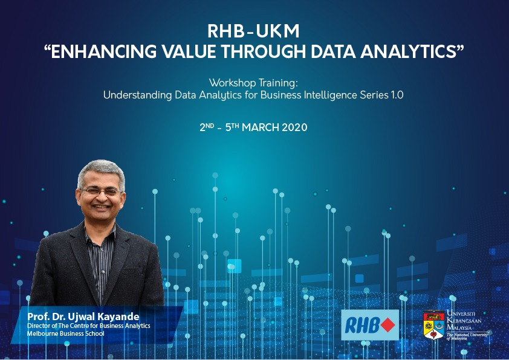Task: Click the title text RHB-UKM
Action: coord(253,31)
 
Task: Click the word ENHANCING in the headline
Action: coord(103,51)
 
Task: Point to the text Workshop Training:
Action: coord(253,83)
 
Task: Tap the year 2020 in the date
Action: coord(294,127)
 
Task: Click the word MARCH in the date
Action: coord(261,127)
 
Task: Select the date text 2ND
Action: coord(207,127)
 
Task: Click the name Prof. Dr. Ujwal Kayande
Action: coord(83,317)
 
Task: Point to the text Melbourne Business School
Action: coord(65,333)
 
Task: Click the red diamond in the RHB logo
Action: coord(387,325)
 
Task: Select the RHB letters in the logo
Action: coord(362,326)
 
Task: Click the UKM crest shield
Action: coord(433,325)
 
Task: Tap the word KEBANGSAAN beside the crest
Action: coord(464,320)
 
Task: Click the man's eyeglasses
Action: coord(101,191)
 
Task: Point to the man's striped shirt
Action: coord(100,260)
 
